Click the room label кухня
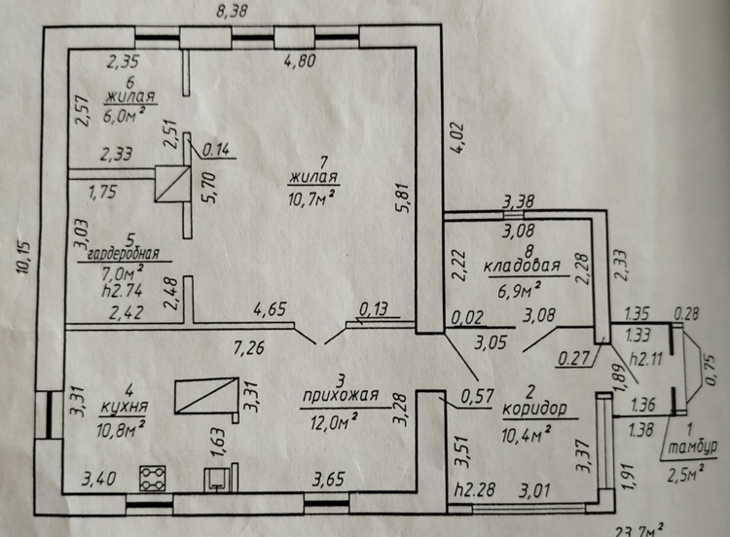click(124, 407)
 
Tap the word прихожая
click(341, 396)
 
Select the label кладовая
click(522, 267)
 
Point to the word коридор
click(534, 409)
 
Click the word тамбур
click(693, 447)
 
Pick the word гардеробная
click(124, 254)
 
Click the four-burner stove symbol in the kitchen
click(153, 479)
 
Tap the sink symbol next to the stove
click(217, 480)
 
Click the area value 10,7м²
click(311, 198)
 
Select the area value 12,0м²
click(334, 422)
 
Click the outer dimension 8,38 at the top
click(232, 11)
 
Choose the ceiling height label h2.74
click(122, 291)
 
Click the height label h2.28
click(474, 489)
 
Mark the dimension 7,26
click(250, 347)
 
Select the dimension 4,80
click(301, 61)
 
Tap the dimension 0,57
click(477, 397)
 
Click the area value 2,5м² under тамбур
click(685, 474)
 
